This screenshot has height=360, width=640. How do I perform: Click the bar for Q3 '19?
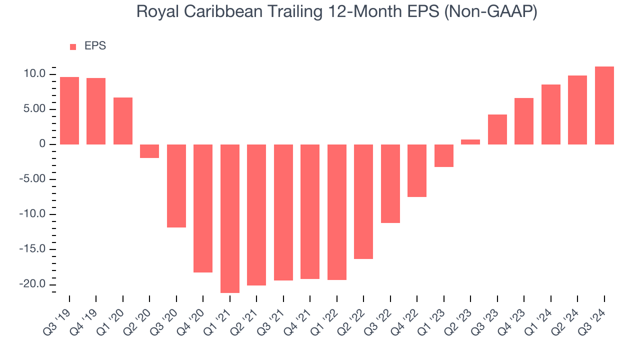coord(69,110)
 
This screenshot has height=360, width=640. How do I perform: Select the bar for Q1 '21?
coord(230,218)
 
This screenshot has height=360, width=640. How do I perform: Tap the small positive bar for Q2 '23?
coord(470,142)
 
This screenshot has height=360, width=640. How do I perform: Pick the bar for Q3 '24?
coord(604,105)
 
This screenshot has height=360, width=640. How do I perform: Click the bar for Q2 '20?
coord(149,151)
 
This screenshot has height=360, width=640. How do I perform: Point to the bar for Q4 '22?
coord(417,170)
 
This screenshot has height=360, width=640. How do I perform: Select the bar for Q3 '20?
coord(176,186)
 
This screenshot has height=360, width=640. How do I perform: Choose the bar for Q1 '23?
coord(443,155)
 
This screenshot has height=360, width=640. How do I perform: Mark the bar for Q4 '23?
coord(524,121)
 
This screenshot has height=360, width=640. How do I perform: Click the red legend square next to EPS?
coord(73,47)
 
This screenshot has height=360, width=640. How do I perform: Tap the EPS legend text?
coord(95,46)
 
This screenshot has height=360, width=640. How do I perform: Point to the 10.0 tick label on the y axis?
coord(34,74)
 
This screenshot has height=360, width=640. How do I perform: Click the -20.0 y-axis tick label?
coord(32,284)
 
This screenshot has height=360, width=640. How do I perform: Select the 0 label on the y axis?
coord(42,144)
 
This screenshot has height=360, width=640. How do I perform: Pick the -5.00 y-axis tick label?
coord(32,179)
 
